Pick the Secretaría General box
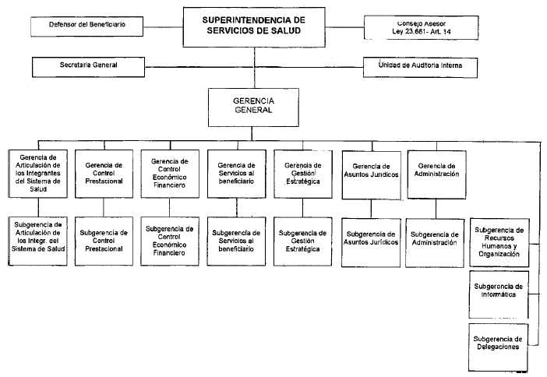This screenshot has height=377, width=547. [x=89, y=65]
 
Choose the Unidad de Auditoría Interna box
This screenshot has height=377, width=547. [x=425, y=65]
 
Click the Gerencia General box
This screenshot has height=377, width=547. [x=252, y=106]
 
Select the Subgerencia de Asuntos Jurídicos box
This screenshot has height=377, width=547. [x=370, y=239]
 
